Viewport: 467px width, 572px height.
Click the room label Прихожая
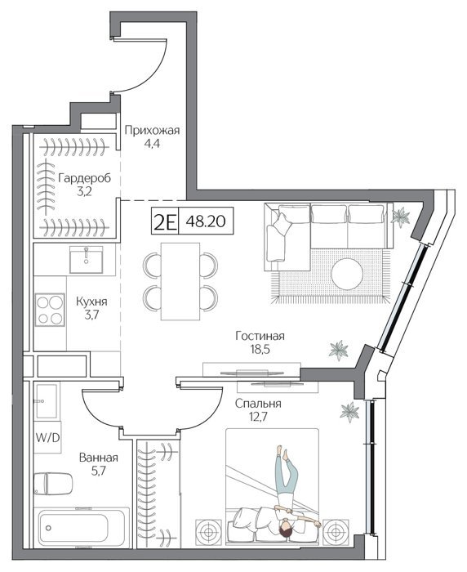click(152, 130)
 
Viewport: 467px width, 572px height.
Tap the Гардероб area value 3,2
click(84, 191)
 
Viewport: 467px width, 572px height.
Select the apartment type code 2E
click(165, 221)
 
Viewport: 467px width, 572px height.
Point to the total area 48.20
click(206, 221)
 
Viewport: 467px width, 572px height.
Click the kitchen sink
click(87, 259)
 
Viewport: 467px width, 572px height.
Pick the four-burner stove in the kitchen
click(50, 310)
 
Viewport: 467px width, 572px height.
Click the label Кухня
click(91, 302)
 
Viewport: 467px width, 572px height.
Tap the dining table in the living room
click(180, 281)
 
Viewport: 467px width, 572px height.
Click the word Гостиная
click(260, 336)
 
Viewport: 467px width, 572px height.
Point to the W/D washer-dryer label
click(47, 437)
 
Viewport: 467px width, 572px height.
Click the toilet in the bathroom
click(53, 484)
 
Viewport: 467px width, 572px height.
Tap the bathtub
click(82, 528)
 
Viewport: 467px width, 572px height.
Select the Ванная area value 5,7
click(99, 471)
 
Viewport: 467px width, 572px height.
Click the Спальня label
click(258, 404)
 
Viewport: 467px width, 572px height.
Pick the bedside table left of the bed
click(208, 532)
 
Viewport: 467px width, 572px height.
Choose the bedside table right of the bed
click(336, 532)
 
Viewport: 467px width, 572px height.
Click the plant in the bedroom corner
click(349, 412)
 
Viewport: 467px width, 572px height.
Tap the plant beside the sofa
click(401, 217)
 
